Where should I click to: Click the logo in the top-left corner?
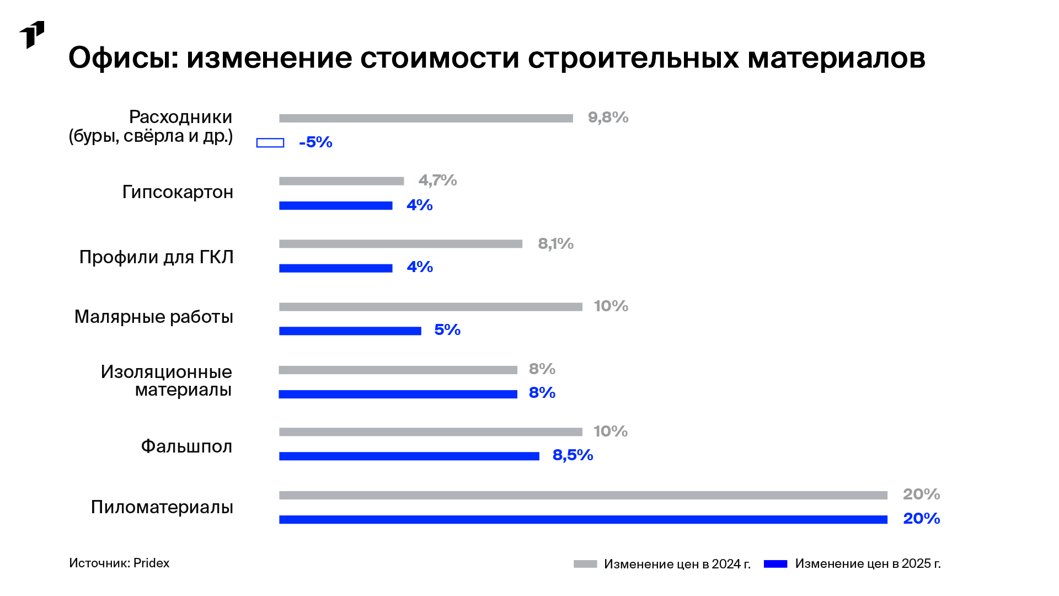[x=31, y=35]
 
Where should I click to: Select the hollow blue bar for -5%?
[x=270, y=143]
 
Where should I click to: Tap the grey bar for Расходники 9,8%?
[x=426, y=118]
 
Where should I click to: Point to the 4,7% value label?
[x=437, y=180]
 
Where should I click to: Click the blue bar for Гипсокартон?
[x=335, y=206]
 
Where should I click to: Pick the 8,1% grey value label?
[x=555, y=244]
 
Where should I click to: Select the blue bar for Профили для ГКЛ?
[x=335, y=268]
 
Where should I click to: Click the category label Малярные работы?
[x=154, y=317]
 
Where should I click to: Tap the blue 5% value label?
[x=447, y=330]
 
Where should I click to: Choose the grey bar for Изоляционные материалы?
[x=398, y=370]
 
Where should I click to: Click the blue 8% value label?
[x=542, y=393]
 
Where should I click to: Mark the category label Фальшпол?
[x=186, y=446]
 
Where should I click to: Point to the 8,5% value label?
[x=573, y=455]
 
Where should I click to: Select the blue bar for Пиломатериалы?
[x=583, y=520]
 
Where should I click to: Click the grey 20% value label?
[x=921, y=494]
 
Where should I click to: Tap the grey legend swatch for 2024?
[x=585, y=564]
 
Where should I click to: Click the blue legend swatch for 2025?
[x=775, y=564]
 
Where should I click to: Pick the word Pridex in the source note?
[x=151, y=563]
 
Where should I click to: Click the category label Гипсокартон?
[x=178, y=192]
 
